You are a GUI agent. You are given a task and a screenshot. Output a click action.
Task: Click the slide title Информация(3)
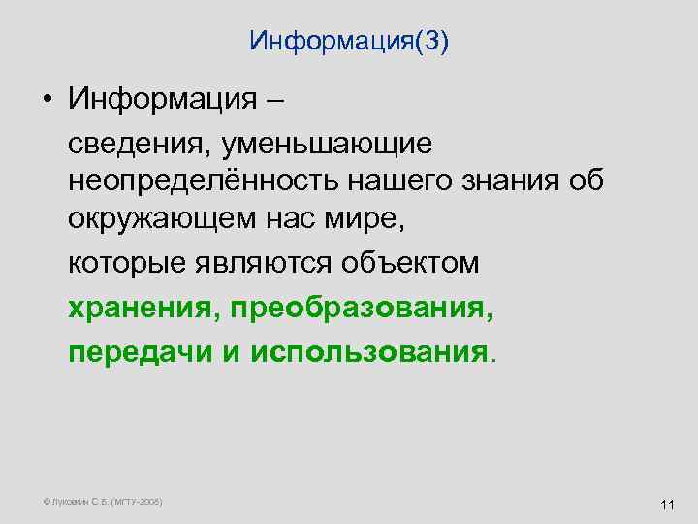click(349, 42)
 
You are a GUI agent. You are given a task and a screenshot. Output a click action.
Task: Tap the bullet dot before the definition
click(47, 100)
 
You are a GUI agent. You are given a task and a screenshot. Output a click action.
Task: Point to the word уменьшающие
click(326, 146)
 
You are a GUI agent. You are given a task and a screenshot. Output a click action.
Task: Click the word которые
click(129, 262)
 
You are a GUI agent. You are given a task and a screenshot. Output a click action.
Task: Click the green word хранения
click(145, 309)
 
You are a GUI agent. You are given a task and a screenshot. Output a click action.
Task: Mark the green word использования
click(368, 351)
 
